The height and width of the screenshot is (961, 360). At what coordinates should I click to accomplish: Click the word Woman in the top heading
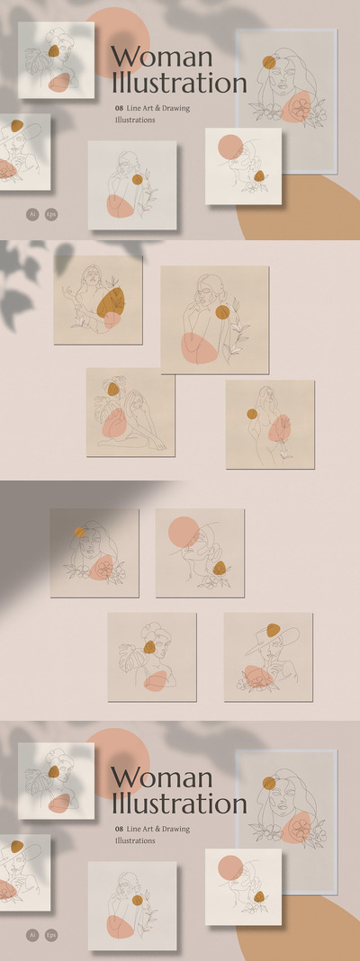(x=161, y=57)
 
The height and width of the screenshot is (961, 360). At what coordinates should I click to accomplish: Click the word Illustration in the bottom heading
(x=178, y=803)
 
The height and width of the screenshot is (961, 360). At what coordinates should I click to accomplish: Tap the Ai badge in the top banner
(x=31, y=215)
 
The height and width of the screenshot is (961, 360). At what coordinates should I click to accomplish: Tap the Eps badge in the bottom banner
(x=51, y=935)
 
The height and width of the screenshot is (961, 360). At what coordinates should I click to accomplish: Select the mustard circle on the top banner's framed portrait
(x=269, y=63)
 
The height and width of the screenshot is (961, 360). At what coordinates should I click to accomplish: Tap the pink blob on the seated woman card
(x=114, y=421)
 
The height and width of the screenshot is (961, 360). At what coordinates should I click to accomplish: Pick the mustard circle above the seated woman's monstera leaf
(x=112, y=390)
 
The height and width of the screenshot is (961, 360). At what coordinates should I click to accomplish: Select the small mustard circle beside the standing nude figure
(x=252, y=415)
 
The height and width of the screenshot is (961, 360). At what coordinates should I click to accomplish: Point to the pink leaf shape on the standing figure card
(x=280, y=428)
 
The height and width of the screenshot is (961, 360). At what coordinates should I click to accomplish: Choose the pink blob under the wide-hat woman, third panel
(x=260, y=677)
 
